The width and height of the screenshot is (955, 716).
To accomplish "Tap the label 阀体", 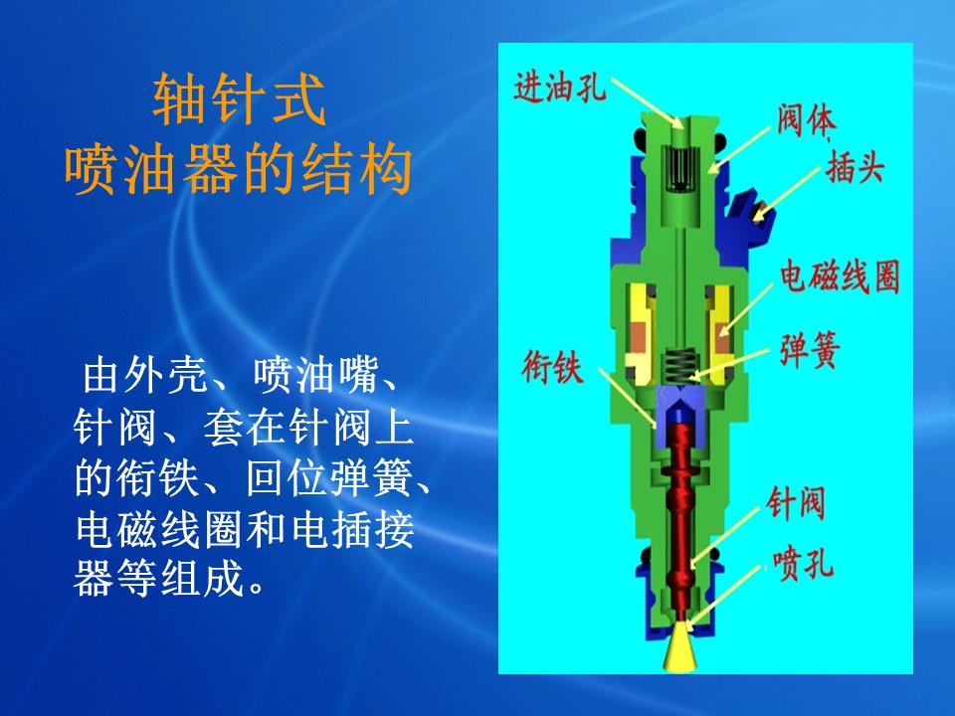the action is click(x=805, y=120).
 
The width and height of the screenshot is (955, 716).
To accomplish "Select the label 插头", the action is click(x=854, y=166).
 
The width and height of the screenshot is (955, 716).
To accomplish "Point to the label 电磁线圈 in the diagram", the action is click(x=841, y=277).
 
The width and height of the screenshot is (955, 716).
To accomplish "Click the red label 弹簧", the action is click(x=810, y=349).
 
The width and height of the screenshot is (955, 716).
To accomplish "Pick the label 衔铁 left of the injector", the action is click(x=552, y=367).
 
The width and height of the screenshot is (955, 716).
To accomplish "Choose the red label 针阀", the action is click(x=796, y=503).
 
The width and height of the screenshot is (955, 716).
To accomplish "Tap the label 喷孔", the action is click(x=803, y=565).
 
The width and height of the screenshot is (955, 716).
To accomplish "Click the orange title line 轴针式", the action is click(x=239, y=99).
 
